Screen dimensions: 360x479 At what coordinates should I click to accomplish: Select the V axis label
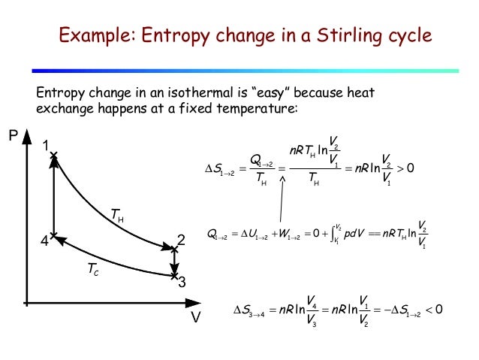pyautogui.click(x=195, y=317)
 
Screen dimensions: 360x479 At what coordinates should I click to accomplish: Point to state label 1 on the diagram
pyautogui.click(x=46, y=145)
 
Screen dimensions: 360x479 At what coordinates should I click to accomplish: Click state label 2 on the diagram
pyautogui.click(x=180, y=241)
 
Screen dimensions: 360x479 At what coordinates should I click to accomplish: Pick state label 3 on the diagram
pyautogui.click(x=181, y=283)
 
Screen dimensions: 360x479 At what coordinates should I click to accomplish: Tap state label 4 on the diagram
pyautogui.click(x=44, y=241)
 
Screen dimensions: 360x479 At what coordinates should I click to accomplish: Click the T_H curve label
pyautogui.click(x=117, y=216)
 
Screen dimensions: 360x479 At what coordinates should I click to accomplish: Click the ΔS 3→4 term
pyautogui.click(x=252, y=309)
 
